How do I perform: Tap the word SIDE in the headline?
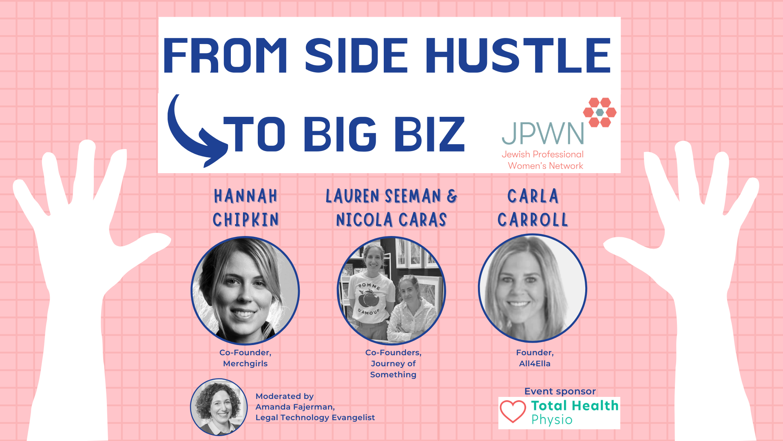356,56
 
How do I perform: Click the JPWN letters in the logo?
542,134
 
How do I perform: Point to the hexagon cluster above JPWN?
599,112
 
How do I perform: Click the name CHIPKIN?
246,220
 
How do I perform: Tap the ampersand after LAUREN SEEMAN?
452,196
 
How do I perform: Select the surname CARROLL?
533,220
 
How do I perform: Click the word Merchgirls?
245,363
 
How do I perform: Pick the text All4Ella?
535,363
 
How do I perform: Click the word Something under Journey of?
393,374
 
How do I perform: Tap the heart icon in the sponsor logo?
513,411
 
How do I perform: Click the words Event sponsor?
560,391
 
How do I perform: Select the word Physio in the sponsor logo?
552,420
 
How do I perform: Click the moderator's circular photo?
219,407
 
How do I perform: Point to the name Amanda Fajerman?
294,407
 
